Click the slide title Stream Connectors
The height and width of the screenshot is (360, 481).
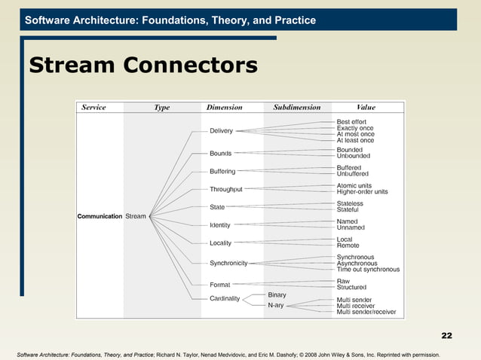142,66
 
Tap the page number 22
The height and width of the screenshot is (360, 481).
446,335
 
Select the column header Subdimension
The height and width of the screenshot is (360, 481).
296,108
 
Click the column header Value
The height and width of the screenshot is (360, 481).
366,108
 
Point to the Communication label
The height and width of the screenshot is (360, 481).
100,216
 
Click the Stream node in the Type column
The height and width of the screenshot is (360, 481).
136,216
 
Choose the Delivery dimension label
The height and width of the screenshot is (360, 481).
221,131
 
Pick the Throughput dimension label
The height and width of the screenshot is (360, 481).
225,189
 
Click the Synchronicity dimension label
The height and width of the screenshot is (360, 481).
228,263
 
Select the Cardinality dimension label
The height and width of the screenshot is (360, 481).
225,299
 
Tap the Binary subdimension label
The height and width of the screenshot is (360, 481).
277,294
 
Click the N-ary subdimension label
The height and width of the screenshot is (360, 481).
275,306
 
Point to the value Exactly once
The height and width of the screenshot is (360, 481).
354,128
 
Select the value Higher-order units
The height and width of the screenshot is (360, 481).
362,191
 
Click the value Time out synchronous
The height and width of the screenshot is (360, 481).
368,269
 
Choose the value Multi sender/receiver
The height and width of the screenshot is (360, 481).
366,312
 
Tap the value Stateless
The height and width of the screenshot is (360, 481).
349,203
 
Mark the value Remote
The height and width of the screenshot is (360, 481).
348,246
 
